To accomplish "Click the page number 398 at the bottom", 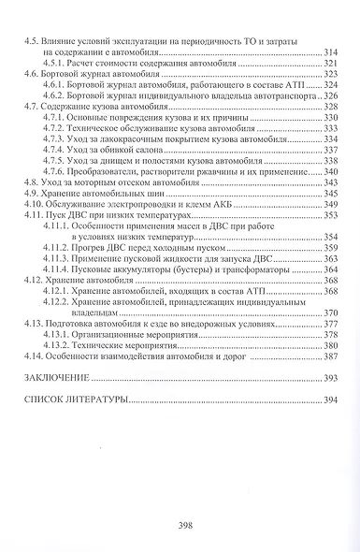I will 183,526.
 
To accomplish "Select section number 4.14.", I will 35,356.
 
